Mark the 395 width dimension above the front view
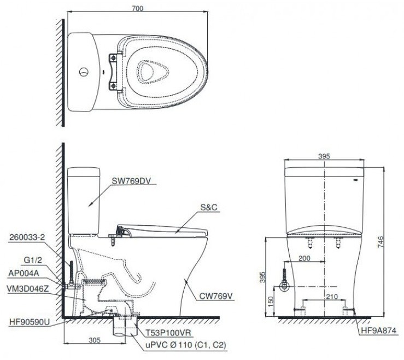point(325,156)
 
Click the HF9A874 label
point(378,331)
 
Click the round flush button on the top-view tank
point(83,72)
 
